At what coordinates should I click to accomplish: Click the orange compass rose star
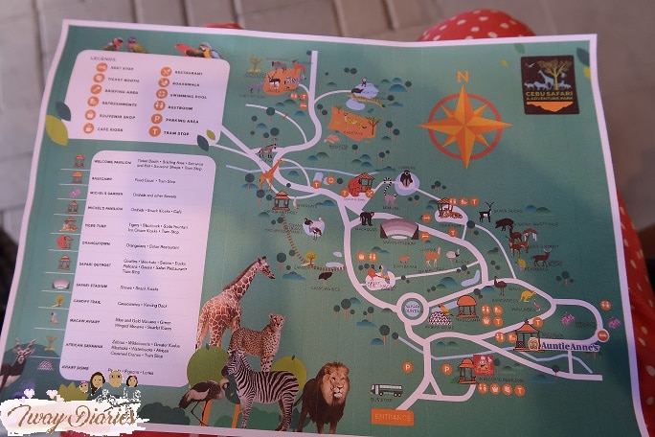[465, 125]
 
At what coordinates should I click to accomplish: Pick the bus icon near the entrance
[386, 390]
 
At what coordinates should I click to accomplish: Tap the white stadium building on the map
[399, 230]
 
